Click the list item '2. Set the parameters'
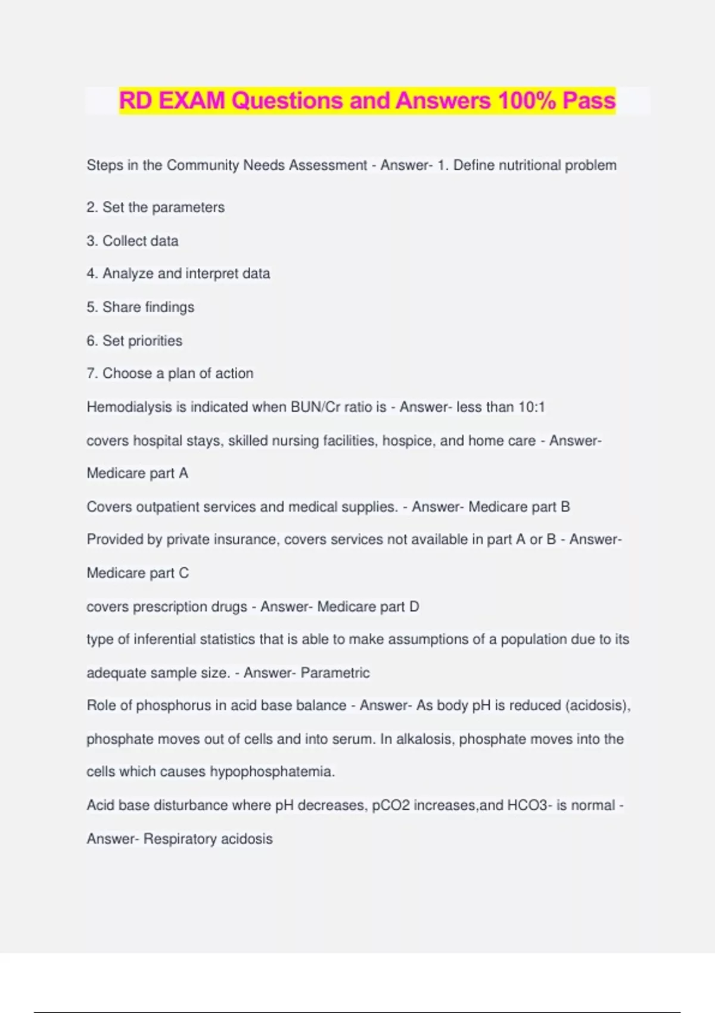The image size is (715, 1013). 156,207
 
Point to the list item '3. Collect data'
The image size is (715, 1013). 132,241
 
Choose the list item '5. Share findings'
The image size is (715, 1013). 141,307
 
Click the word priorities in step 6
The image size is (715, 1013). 155,341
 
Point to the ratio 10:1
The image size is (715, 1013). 531,407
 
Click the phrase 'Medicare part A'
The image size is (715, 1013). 138,473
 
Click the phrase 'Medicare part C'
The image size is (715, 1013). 138,573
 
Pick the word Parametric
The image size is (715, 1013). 335,673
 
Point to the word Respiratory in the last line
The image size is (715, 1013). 180,839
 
